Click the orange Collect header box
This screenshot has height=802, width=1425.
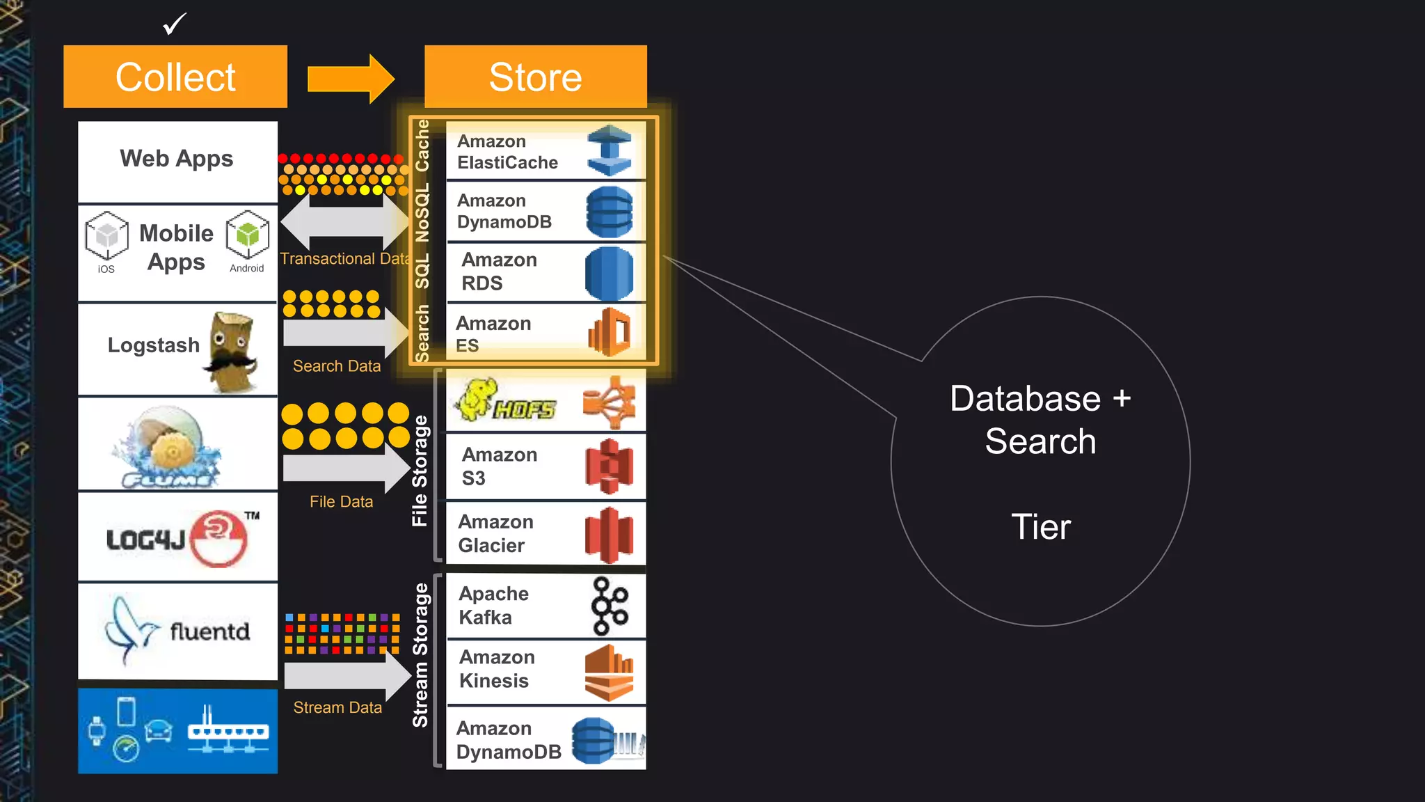pyautogui.click(x=175, y=77)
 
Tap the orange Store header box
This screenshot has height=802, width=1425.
pyautogui.click(x=535, y=77)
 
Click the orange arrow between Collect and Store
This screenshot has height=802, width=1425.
pyautogui.click(x=351, y=79)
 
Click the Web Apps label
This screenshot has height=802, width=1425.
pyautogui.click(x=177, y=159)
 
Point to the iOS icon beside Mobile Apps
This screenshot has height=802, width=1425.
pyautogui.click(x=106, y=236)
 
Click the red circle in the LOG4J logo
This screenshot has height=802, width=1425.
pyautogui.click(x=218, y=538)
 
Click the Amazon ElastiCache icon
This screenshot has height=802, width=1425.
pyautogui.click(x=609, y=150)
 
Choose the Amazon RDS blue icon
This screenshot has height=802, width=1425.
pyautogui.click(x=609, y=274)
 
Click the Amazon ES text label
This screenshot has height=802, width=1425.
pyautogui.click(x=493, y=334)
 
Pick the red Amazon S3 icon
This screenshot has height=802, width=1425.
pyautogui.click(x=609, y=466)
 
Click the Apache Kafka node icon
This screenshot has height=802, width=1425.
pyautogui.click(x=609, y=606)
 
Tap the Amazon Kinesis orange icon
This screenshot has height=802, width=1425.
pyautogui.click(x=609, y=673)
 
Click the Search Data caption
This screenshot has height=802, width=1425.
pyautogui.click(x=337, y=366)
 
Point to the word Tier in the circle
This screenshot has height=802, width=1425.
pyautogui.click(x=1040, y=527)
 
